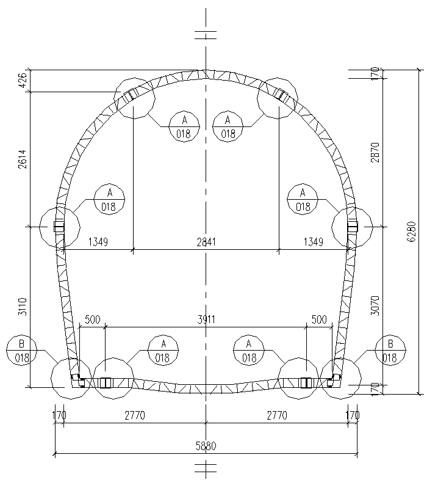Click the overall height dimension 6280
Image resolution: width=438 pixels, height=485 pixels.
(x=412, y=232)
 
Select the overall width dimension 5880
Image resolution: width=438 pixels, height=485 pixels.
(x=206, y=446)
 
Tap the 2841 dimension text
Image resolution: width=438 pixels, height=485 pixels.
(x=206, y=242)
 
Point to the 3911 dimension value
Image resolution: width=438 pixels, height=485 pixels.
(x=206, y=319)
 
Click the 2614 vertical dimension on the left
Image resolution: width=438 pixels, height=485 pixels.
(x=23, y=159)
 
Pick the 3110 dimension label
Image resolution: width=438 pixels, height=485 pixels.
(x=23, y=307)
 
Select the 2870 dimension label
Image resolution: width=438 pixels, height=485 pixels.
(x=375, y=153)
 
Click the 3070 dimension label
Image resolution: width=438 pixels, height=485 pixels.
(x=375, y=305)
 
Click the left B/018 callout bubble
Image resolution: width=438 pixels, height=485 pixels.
(x=21, y=351)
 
